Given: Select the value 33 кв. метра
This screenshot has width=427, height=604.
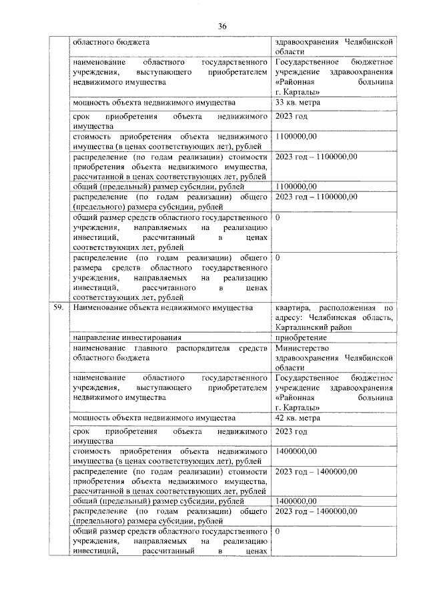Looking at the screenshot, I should click(x=298, y=103).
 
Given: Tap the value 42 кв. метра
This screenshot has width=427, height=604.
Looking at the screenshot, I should click(x=298, y=418).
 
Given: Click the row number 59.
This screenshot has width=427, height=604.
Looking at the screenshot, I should click(x=60, y=308).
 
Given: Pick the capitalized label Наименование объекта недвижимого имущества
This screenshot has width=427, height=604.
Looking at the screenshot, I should click(x=163, y=308).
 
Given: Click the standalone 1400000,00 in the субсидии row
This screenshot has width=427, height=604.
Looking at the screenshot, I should click(x=296, y=500).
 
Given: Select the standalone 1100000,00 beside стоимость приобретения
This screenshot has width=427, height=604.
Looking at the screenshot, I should click(x=296, y=136).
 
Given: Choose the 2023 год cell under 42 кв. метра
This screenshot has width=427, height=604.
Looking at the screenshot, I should click(x=291, y=432).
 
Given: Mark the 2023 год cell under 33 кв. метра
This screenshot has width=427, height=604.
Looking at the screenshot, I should click(x=291, y=117).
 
